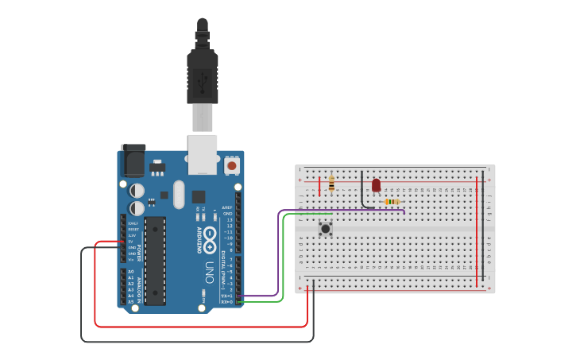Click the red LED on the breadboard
(376, 185)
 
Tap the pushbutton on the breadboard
(326, 229)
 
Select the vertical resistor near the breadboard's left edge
(331, 185)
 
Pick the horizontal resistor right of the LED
(392, 202)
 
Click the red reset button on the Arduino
(232, 166)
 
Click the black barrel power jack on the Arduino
(132, 161)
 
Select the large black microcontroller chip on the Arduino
(155, 260)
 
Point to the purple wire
(279, 254)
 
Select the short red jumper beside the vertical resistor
(319, 187)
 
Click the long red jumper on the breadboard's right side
(477, 230)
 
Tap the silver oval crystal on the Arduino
(178, 194)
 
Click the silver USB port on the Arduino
(202, 153)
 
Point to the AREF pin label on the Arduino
(228, 208)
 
